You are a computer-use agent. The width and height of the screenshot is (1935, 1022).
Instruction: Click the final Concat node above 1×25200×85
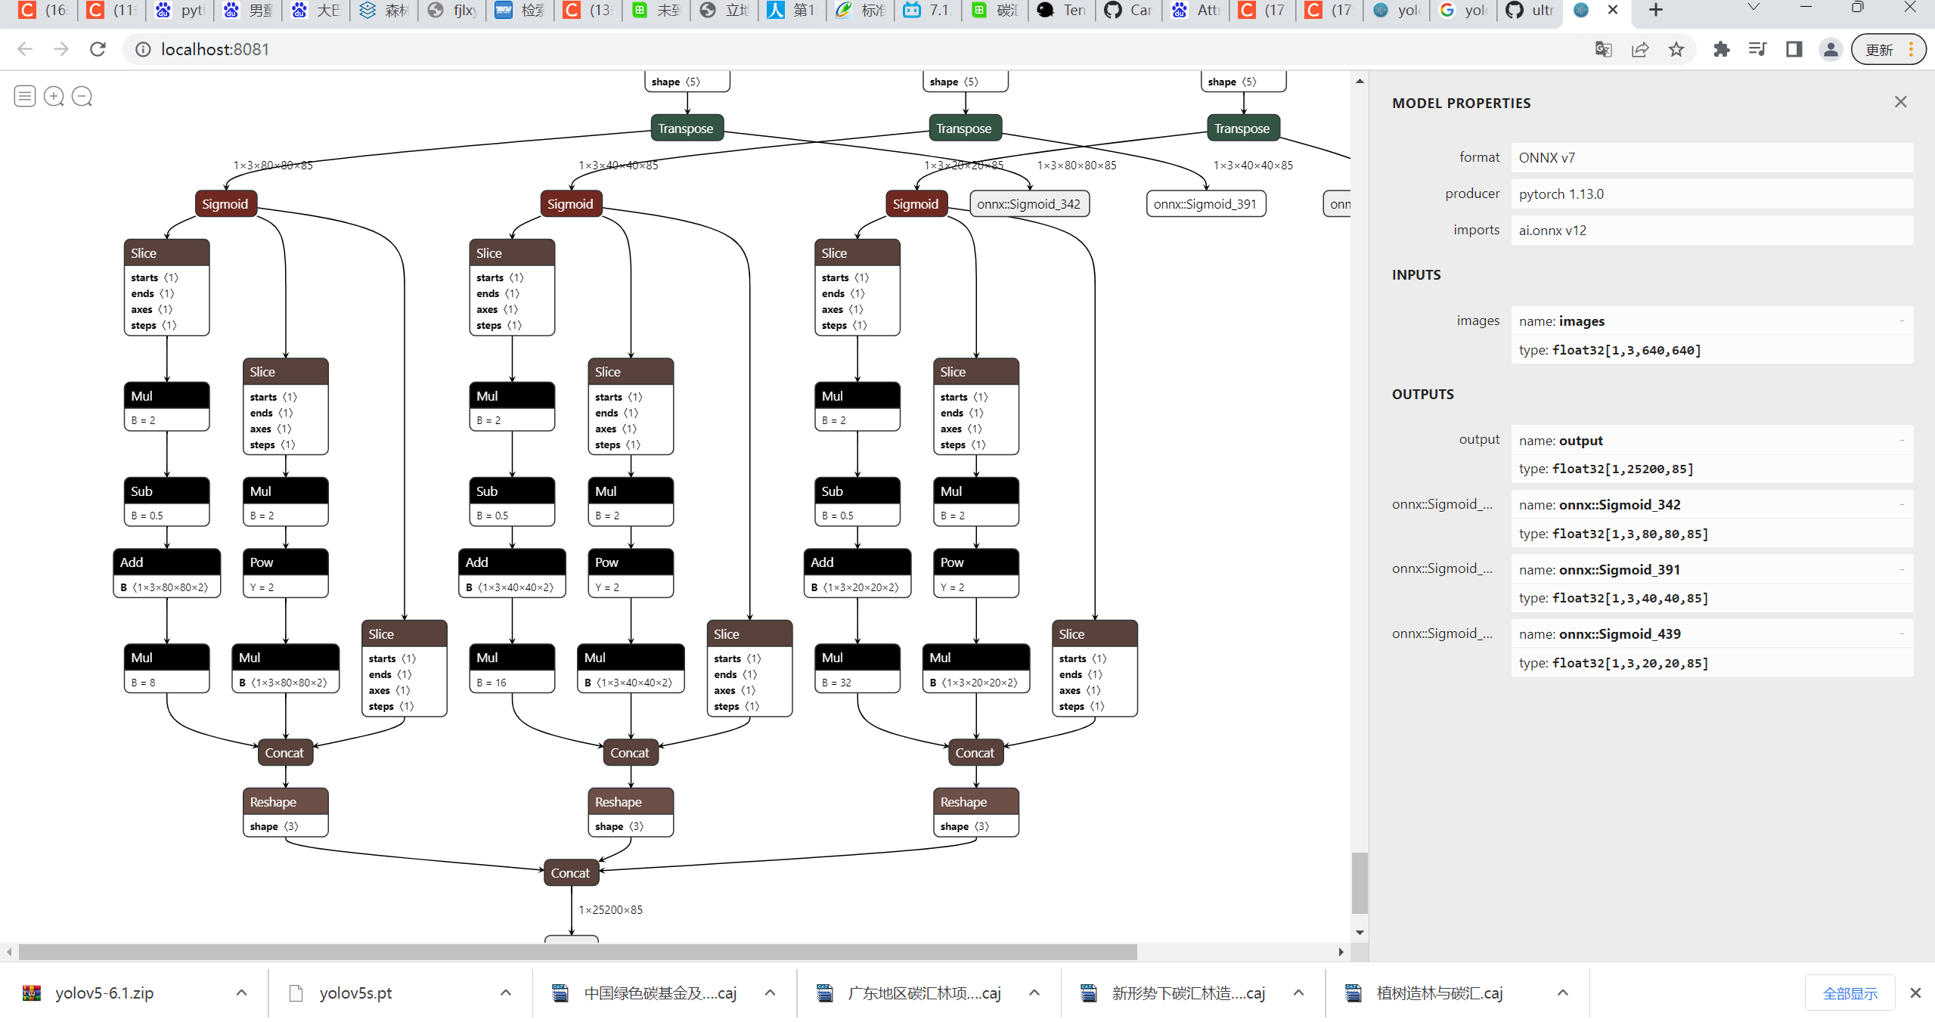[570, 873]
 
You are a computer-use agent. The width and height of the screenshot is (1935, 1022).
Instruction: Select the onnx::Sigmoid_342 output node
[1028, 204]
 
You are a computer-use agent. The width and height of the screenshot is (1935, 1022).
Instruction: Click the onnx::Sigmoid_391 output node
[1205, 204]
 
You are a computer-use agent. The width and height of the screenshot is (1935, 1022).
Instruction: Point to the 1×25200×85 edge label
[610, 910]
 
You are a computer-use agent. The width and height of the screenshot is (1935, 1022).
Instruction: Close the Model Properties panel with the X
[1900, 102]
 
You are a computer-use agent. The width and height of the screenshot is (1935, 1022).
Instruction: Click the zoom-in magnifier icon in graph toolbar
[54, 97]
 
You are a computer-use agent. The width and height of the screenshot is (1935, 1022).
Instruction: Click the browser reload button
[98, 50]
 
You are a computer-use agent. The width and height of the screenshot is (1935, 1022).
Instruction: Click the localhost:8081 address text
[215, 50]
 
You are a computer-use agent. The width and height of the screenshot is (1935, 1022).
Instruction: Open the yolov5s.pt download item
[355, 993]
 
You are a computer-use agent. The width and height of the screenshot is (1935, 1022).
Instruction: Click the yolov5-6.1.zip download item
[104, 993]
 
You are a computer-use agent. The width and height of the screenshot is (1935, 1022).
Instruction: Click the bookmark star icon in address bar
[1676, 50]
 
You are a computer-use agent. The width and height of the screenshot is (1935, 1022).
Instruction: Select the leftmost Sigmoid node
[225, 204]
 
